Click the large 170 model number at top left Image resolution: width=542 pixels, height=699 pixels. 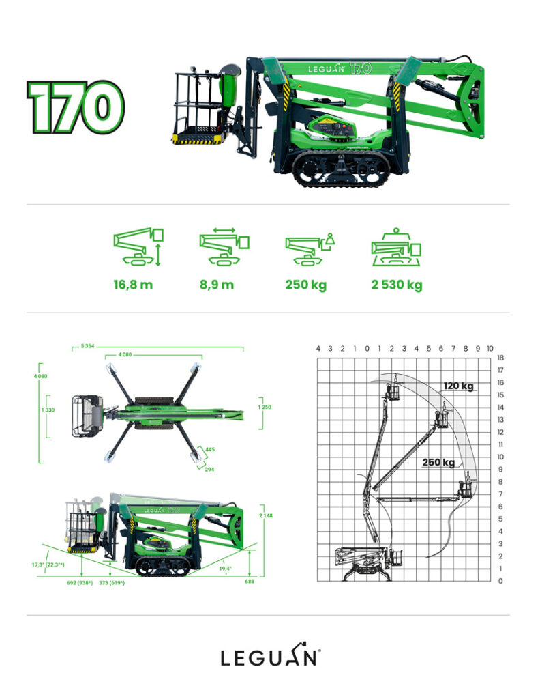(x=76, y=107)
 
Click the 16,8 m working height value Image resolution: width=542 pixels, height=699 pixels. (x=133, y=285)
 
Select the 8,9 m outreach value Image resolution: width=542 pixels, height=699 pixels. (x=217, y=285)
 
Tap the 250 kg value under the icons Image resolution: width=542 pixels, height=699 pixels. (x=305, y=285)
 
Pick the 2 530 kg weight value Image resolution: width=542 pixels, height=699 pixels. (x=397, y=285)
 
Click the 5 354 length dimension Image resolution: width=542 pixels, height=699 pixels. (x=87, y=347)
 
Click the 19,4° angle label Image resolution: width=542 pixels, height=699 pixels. (x=226, y=567)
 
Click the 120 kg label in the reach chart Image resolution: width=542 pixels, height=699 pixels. (x=458, y=386)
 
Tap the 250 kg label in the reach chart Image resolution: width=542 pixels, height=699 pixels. (x=438, y=462)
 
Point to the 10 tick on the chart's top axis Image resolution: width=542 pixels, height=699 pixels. (x=490, y=348)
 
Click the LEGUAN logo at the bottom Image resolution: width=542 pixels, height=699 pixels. (x=270, y=657)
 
